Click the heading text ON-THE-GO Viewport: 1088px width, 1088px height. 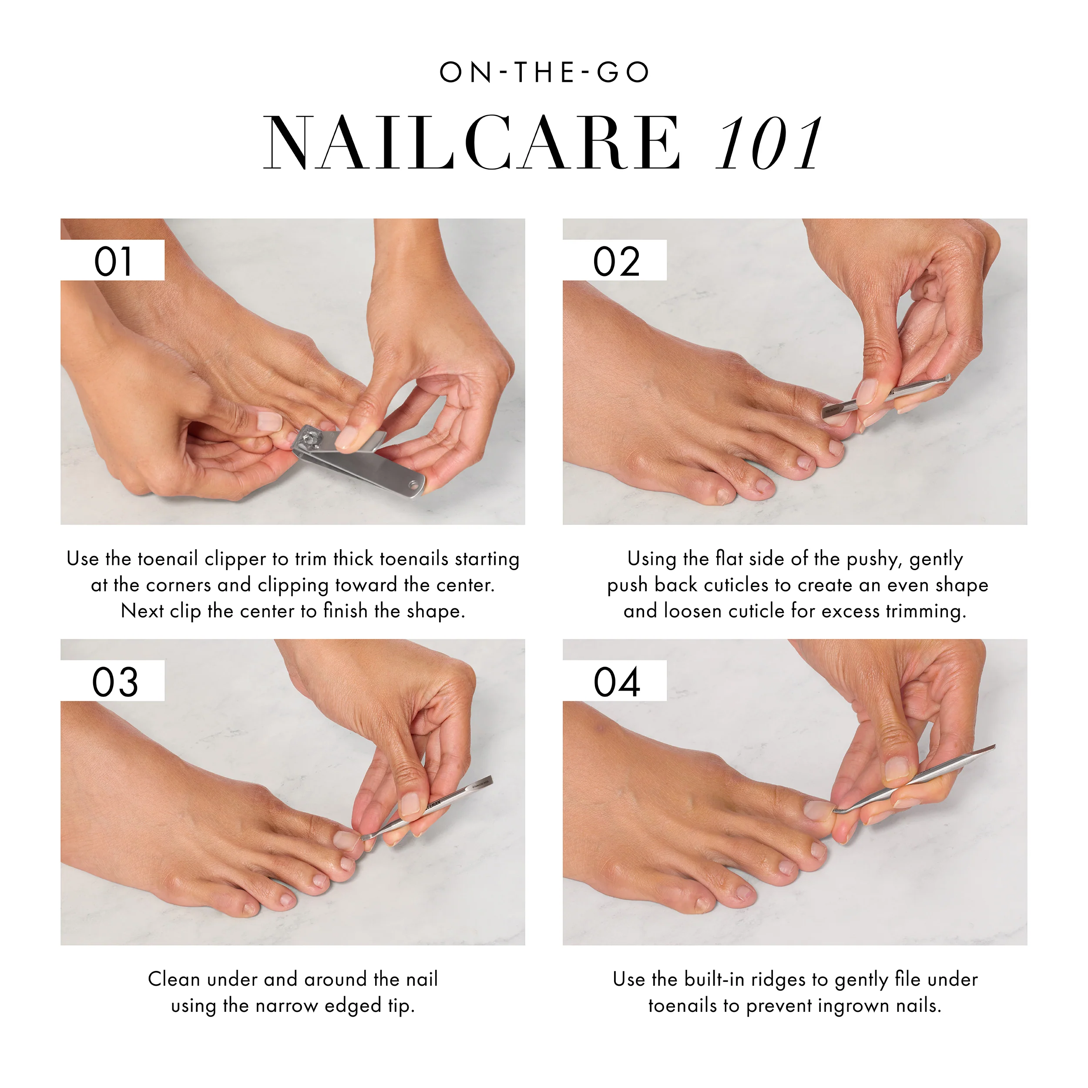pos(544,73)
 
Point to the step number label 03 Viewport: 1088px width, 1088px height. pos(114,682)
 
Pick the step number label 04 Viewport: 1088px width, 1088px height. pos(616,682)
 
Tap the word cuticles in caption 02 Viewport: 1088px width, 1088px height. pos(736,585)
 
